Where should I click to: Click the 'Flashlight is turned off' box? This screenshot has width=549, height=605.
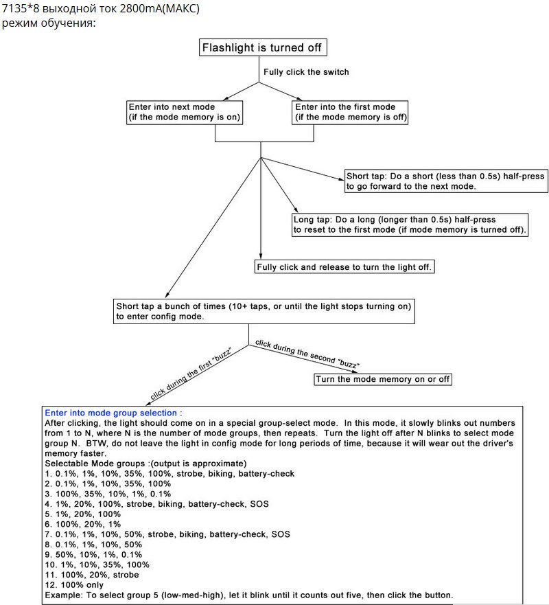[x=263, y=47]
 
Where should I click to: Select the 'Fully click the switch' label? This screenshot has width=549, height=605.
[x=306, y=72]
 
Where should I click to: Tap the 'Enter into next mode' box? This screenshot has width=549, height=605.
[x=185, y=113]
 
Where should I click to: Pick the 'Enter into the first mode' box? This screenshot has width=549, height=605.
[x=350, y=113]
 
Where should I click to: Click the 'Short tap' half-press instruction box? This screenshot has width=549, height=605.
[x=446, y=181]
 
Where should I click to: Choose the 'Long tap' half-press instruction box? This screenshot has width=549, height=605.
[x=410, y=225]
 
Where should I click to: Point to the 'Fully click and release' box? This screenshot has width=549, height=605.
[x=344, y=267]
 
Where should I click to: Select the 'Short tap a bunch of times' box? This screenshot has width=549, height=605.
[x=264, y=311]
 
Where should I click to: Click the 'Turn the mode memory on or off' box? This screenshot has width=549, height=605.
[x=382, y=379]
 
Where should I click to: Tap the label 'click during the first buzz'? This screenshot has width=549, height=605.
[x=191, y=374]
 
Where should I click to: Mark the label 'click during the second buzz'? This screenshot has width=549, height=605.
[x=307, y=354]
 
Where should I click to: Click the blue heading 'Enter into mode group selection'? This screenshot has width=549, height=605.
[x=113, y=413]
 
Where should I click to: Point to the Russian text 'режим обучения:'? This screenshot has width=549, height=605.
[x=49, y=23]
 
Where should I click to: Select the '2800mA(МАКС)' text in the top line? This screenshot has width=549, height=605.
[x=160, y=8]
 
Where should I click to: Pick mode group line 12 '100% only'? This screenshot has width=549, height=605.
[x=74, y=585]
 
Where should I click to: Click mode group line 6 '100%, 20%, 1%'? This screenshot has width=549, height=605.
[x=82, y=525]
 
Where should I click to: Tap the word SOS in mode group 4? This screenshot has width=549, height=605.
[x=259, y=504]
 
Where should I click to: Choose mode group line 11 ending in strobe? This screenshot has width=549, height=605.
[x=92, y=575]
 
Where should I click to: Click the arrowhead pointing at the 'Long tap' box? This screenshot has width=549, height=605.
[x=295, y=208]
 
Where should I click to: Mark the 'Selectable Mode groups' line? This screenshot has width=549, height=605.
[x=145, y=464]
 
